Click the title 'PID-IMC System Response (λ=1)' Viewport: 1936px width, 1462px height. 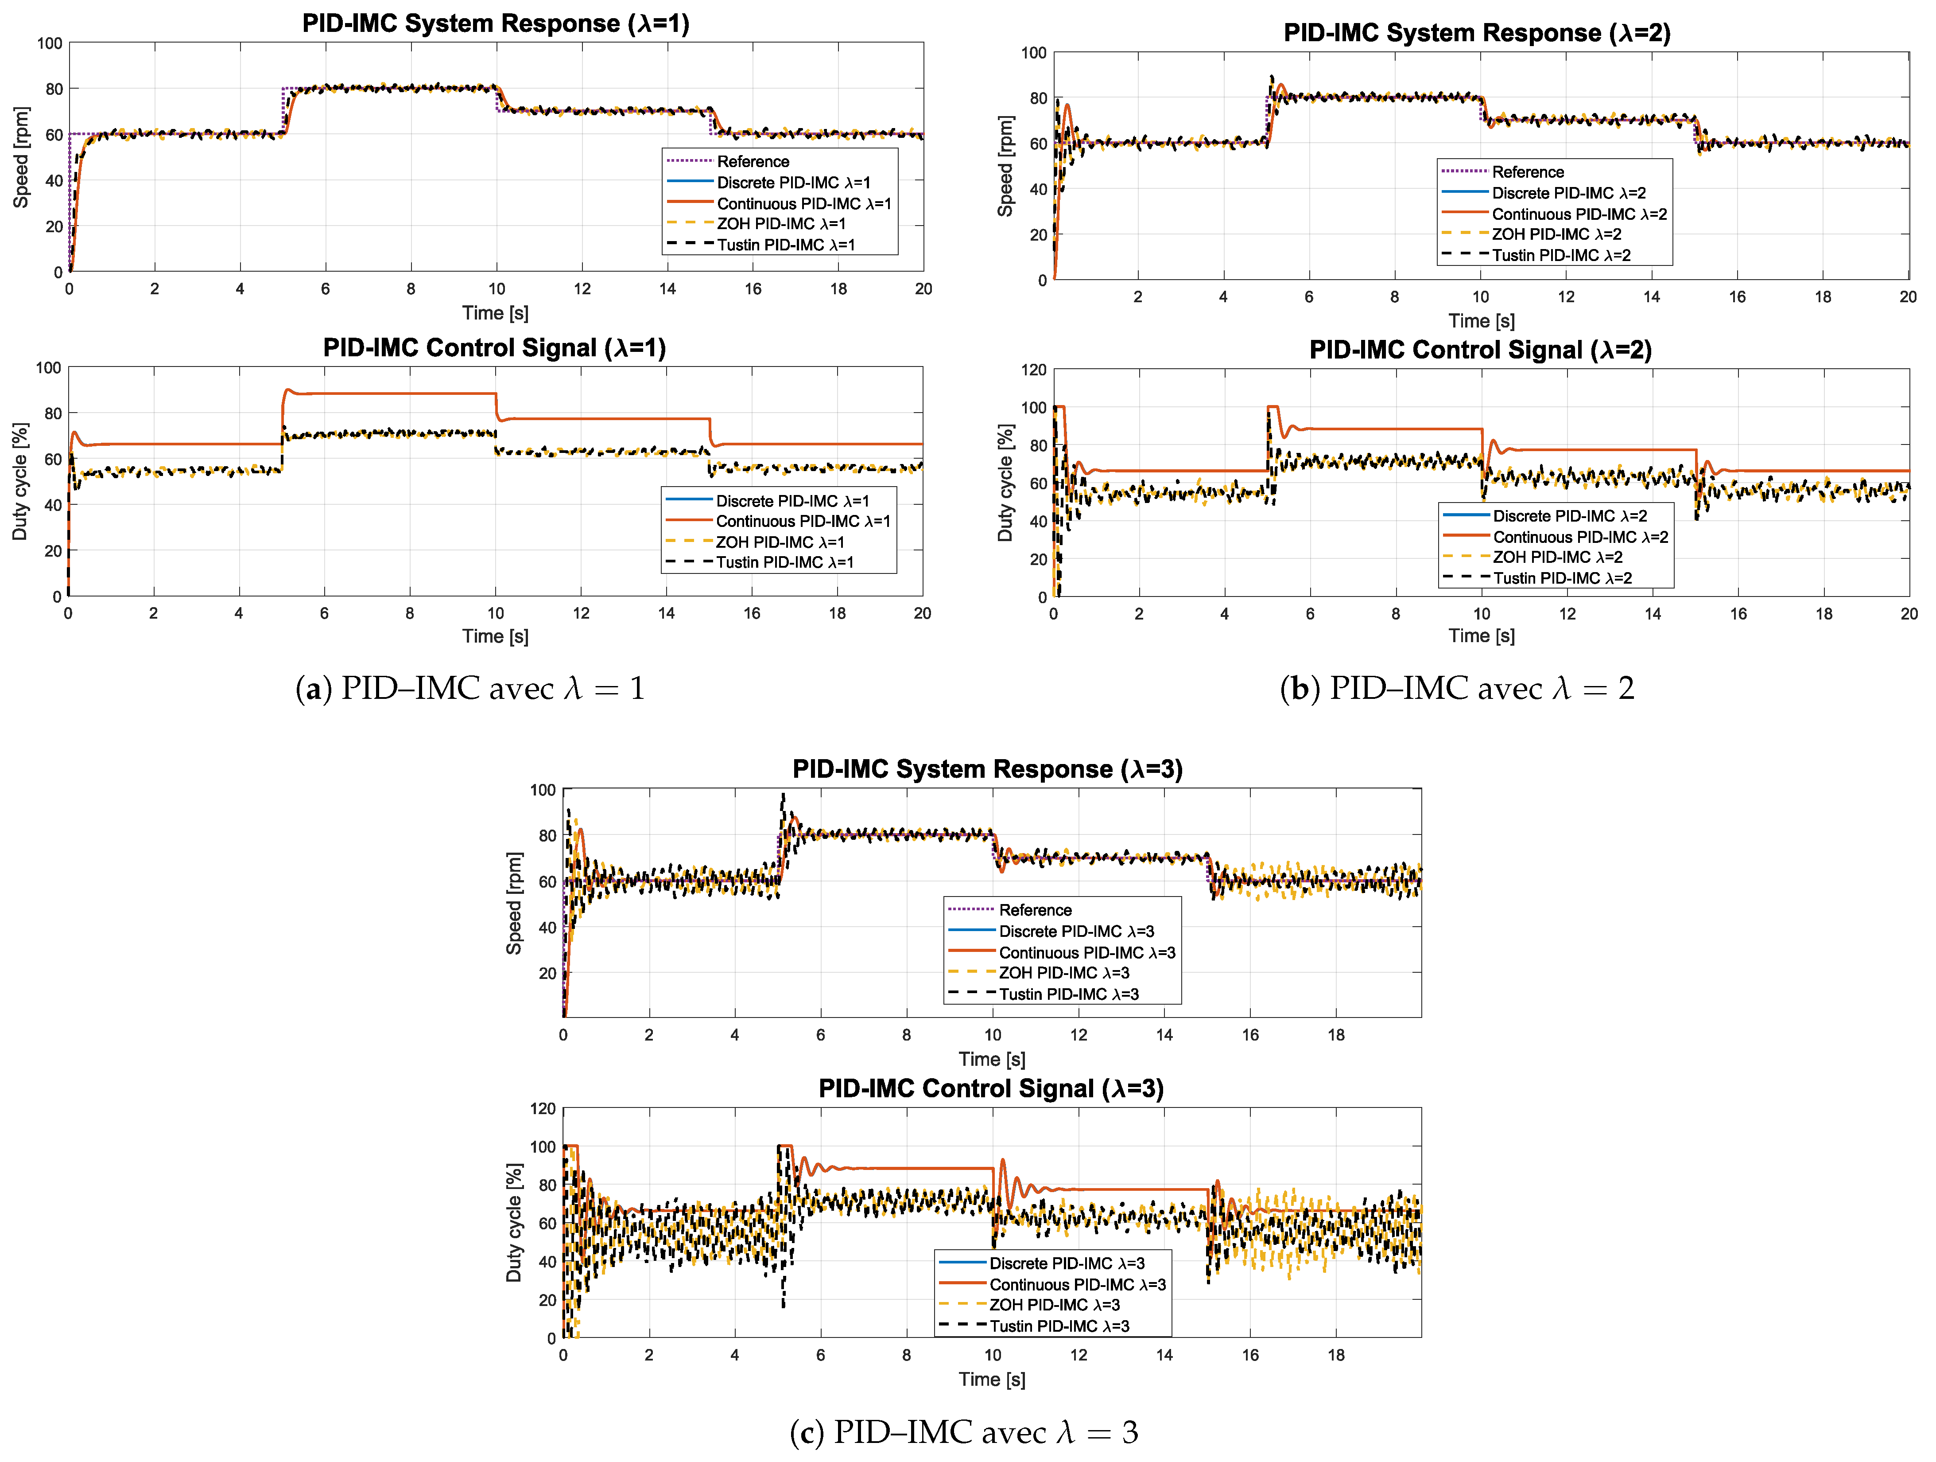(x=495, y=23)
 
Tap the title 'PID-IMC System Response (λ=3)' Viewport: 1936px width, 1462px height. (x=987, y=769)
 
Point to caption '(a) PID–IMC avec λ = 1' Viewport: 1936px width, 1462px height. (x=471, y=689)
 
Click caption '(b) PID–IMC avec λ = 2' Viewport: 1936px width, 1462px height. (x=1457, y=689)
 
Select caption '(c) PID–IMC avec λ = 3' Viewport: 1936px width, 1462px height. (x=964, y=1432)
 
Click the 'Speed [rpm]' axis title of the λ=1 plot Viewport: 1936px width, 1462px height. (x=21, y=158)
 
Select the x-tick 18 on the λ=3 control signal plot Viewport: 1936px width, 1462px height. (x=1335, y=1355)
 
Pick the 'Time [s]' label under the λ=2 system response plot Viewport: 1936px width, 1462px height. (x=1481, y=321)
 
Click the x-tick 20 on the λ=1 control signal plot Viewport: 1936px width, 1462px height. (x=923, y=614)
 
